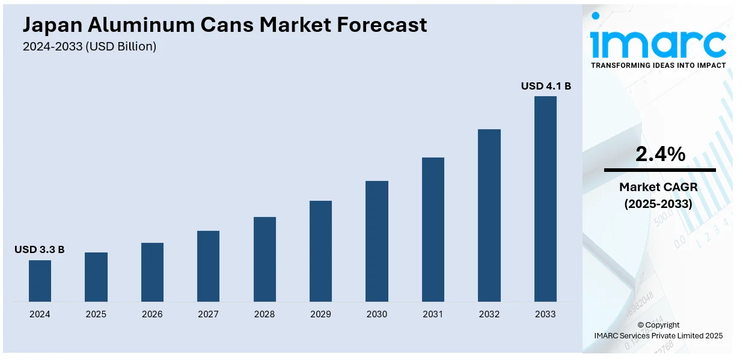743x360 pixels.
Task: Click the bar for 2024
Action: click(x=40, y=281)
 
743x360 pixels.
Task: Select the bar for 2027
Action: click(x=208, y=266)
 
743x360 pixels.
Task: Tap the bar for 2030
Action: click(x=377, y=241)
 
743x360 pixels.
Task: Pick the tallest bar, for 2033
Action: click(x=545, y=199)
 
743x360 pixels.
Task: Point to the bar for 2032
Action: click(x=489, y=215)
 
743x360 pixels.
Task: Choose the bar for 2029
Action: click(x=320, y=251)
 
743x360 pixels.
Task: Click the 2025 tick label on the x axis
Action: click(x=96, y=314)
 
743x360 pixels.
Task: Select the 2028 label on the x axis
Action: click(x=264, y=314)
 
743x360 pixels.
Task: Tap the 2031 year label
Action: click(x=433, y=314)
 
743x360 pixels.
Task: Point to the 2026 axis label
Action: click(x=152, y=314)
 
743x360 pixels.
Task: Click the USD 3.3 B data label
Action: click(x=40, y=249)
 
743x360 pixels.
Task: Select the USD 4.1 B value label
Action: click(x=546, y=87)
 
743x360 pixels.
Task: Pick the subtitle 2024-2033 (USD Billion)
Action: click(x=90, y=46)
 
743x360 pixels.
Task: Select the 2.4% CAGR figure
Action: click(x=660, y=154)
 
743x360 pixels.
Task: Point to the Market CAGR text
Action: click(x=658, y=187)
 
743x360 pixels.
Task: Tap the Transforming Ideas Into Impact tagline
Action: click(x=658, y=65)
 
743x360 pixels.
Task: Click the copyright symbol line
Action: click(x=658, y=325)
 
